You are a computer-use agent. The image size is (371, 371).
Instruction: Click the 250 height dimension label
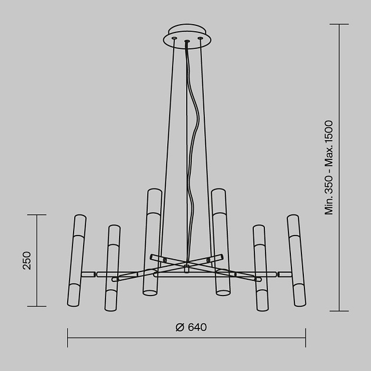point(27,260)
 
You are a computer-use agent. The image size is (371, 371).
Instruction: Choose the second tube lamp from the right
point(260,268)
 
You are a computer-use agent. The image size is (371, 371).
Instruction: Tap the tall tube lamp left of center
point(152,241)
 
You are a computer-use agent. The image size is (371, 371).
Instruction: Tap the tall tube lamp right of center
point(221,241)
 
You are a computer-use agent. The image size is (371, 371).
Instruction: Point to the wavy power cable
point(191,147)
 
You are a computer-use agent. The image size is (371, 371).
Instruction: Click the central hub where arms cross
point(186,268)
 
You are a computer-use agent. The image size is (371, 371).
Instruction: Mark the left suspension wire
point(168,147)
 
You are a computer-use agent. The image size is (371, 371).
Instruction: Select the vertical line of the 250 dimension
point(37,236)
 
